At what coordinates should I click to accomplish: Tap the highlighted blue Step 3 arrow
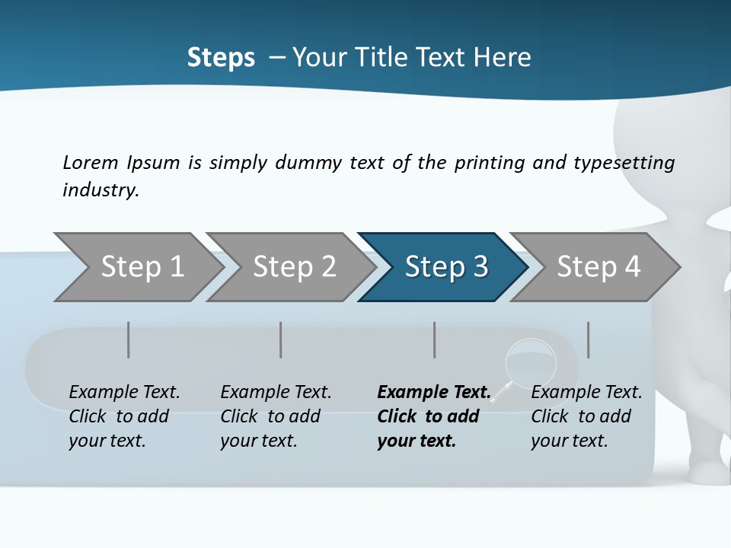click(446, 267)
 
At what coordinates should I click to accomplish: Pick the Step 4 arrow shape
click(599, 267)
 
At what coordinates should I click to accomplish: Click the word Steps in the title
click(221, 57)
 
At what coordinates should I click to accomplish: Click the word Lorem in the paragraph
click(91, 162)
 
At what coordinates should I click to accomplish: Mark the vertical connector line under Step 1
click(129, 339)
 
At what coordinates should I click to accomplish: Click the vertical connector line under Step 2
click(281, 339)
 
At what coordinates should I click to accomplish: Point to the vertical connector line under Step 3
click(435, 339)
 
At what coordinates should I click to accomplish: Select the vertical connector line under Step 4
click(588, 339)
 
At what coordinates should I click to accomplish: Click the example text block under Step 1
click(124, 416)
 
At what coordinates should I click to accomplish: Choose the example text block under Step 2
click(276, 416)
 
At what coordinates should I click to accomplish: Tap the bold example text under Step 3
click(433, 416)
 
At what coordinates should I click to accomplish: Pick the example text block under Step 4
click(586, 416)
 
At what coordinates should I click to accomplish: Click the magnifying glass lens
click(530, 360)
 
